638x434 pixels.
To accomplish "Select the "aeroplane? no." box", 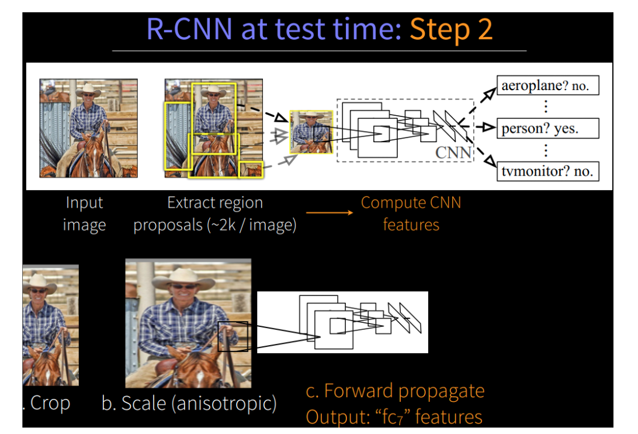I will pyautogui.click(x=547, y=86).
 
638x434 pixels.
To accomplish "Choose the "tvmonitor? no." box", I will pyautogui.click(x=547, y=171).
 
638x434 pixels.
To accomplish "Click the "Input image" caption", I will pyautogui.click(x=84, y=214).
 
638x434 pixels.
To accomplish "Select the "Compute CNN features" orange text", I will pyautogui.click(x=411, y=213).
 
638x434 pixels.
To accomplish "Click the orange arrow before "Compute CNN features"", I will pyautogui.click(x=330, y=212).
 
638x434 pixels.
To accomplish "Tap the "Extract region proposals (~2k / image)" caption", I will pyautogui.click(x=214, y=214).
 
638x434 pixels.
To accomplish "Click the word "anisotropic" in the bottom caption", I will pyautogui.click(x=227, y=404).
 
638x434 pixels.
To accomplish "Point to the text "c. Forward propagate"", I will pyautogui.click(x=395, y=391).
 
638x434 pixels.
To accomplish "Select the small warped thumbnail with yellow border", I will pyautogui.click(x=311, y=132).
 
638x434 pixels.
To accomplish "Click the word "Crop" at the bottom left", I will pyautogui.click(x=50, y=404).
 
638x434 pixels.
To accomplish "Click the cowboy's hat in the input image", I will pyautogui.click(x=88, y=89).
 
